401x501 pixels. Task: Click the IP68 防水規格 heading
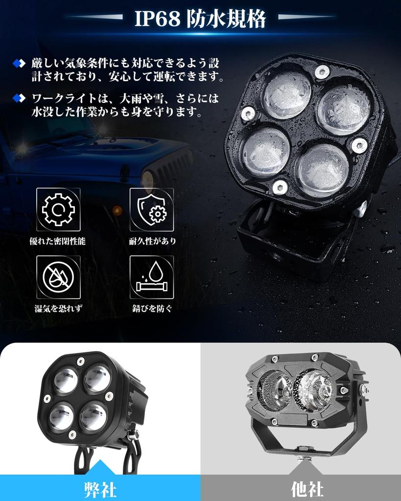[x=200, y=19]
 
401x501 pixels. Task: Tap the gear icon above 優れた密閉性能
[x=58, y=209]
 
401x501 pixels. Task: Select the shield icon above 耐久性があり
[x=151, y=209]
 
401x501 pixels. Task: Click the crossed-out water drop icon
[x=58, y=277]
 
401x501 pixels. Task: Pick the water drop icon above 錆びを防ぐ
[x=151, y=277]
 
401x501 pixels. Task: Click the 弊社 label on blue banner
[x=100, y=489]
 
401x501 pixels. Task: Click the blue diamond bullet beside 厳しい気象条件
[x=19, y=63]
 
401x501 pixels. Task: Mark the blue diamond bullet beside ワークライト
[x=19, y=98]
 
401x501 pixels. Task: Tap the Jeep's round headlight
[x=148, y=180]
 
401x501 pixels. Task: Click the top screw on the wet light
[x=322, y=71]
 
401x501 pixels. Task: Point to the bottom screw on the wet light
[x=280, y=185]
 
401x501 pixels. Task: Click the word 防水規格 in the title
[x=226, y=19]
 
